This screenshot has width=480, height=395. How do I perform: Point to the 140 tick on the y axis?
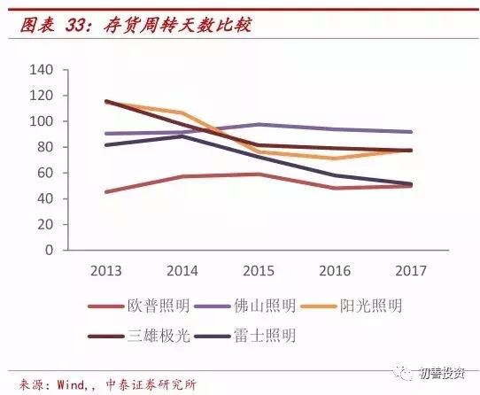click(43, 69)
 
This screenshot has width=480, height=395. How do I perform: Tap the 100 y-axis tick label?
click(43, 120)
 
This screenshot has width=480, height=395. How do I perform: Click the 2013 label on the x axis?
click(105, 268)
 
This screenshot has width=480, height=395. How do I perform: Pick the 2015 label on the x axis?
click(258, 268)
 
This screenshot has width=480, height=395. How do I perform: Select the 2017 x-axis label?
click(409, 268)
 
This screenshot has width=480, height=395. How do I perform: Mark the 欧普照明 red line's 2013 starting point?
click(106, 191)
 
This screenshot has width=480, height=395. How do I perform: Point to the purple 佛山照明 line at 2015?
click(258, 125)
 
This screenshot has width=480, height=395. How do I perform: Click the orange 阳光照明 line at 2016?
click(334, 158)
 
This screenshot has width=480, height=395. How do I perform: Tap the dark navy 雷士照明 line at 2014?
click(182, 136)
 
